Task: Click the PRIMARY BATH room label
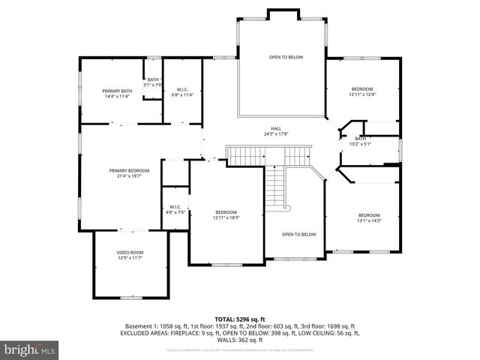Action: [x=117, y=91]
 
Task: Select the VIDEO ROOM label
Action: [x=130, y=252]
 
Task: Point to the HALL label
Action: [x=276, y=128]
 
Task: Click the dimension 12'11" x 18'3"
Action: [x=226, y=217]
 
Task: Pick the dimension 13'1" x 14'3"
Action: [x=369, y=220]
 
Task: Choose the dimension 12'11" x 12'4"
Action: [x=362, y=94]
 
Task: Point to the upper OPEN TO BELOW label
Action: [x=286, y=57]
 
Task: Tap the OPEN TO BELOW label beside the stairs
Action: [x=298, y=234]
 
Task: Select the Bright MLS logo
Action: [x=30, y=349]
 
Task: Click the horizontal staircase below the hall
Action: [x=269, y=157]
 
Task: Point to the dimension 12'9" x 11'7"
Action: [x=130, y=258]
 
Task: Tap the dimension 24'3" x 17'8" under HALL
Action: [x=276, y=134]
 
